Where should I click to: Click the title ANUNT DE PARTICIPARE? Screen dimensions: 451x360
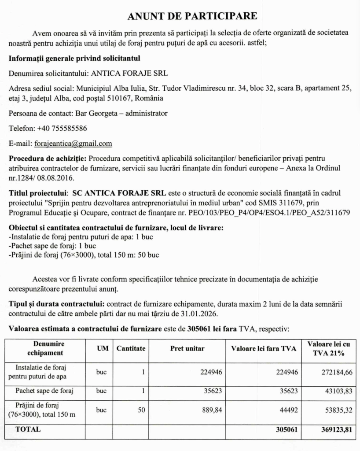pyautogui.click(x=192, y=16)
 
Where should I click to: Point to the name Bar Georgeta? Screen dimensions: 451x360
pyautogui.click(x=96, y=113)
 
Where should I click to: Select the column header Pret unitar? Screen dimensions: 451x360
pyautogui.click(x=187, y=348)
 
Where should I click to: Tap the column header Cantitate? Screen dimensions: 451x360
pyautogui.click(x=131, y=348)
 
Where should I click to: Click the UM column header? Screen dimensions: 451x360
pyautogui.click(x=101, y=348)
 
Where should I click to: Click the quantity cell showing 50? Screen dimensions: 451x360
pyautogui.click(x=141, y=410)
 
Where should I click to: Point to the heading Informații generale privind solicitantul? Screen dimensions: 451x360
pyautogui.click(x=74, y=58)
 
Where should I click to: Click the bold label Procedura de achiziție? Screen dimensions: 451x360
pyautogui.click(x=48, y=158)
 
